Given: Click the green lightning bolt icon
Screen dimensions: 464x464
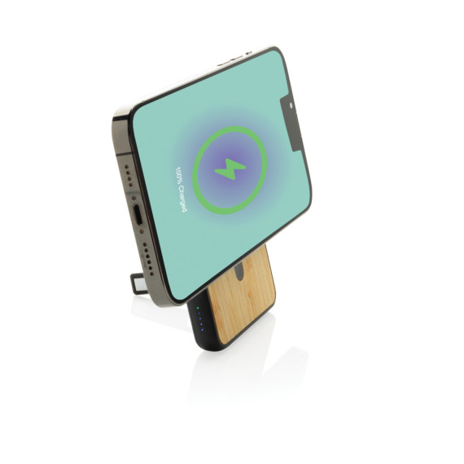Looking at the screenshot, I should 230,169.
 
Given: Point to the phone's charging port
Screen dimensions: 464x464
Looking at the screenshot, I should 138,216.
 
